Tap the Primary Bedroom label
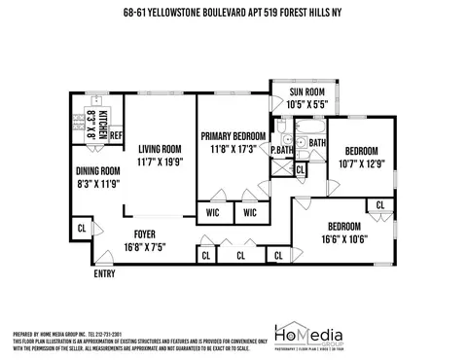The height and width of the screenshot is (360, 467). coord(234,134)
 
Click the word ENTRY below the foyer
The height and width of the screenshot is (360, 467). coord(105,274)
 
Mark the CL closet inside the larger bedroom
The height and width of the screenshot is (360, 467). coord(379,206)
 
